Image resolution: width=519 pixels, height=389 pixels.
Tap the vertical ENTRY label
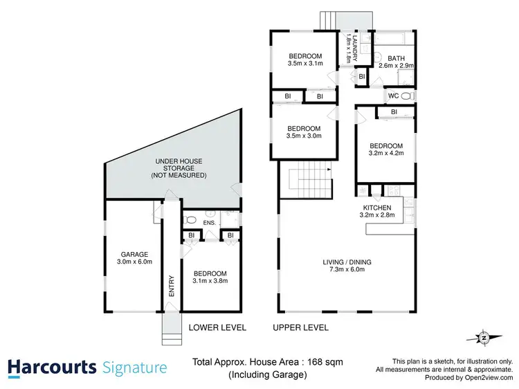[x=171, y=287]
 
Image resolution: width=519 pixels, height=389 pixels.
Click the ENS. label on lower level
[x=208, y=222]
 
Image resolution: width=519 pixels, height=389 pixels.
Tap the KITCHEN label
[x=377, y=208]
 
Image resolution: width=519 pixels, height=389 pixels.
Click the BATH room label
[x=397, y=58]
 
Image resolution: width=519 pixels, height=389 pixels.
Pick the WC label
[x=392, y=95]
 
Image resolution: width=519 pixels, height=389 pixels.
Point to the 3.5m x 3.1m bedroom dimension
[x=304, y=63]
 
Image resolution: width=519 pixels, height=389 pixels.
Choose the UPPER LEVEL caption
[x=300, y=327]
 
